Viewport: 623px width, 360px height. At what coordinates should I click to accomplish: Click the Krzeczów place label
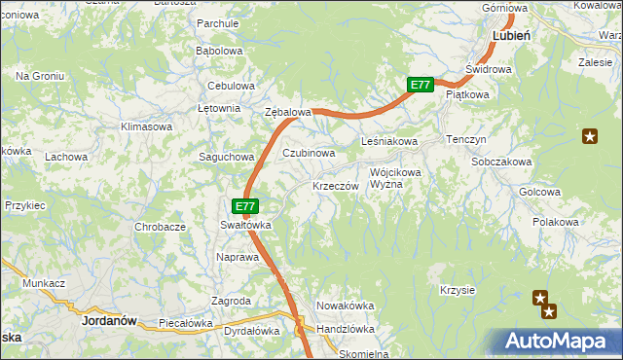tap(336, 186)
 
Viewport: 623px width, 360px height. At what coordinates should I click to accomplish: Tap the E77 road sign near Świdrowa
tap(420, 86)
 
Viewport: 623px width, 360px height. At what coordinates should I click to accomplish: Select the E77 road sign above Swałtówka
tap(246, 206)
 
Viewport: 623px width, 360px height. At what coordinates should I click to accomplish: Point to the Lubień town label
tap(511, 34)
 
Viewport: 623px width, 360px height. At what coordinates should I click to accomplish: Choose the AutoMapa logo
tap(559, 342)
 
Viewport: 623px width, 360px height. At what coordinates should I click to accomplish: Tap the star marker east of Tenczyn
tap(589, 136)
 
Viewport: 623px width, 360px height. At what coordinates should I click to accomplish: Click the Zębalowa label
tap(288, 113)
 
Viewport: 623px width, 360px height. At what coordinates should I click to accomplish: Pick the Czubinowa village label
tap(309, 153)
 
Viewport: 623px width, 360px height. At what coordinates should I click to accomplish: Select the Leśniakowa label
tap(389, 142)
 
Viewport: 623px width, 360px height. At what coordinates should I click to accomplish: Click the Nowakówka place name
tap(346, 306)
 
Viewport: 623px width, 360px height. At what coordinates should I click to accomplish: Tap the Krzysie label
tap(457, 290)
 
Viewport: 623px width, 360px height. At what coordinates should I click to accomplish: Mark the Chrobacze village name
tap(161, 227)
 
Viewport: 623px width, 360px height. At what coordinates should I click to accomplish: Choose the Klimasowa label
tap(146, 126)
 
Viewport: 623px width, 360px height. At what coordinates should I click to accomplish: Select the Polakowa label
tap(556, 222)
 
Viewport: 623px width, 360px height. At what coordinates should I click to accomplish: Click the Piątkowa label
tap(466, 95)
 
